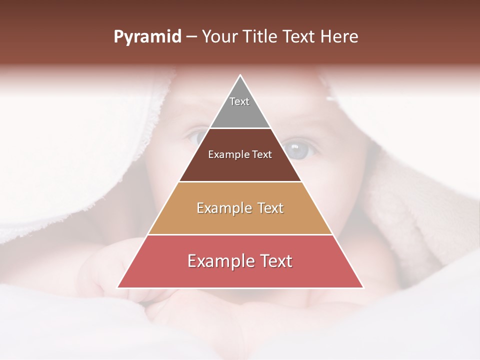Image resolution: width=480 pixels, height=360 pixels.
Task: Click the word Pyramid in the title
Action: pyautogui.click(x=147, y=37)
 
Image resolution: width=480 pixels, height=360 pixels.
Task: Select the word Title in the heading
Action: pyautogui.click(x=261, y=37)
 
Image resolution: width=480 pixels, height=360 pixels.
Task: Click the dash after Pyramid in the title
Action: pyautogui.click(x=191, y=37)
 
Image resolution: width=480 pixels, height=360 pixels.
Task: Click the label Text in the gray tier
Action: pyautogui.click(x=239, y=101)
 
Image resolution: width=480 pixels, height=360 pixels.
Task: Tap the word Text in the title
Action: pyautogui.click(x=299, y=37)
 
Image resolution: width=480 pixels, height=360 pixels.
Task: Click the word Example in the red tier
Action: pyautogui.click(x=220, y=261)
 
